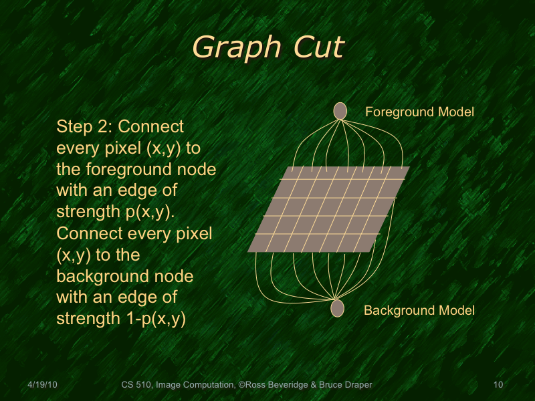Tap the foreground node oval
pos(340,110)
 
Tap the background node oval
pos(338,308)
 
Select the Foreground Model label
pos(419,112)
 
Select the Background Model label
pos(419,310)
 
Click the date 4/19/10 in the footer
pos(43,384)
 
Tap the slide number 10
pos(498,384)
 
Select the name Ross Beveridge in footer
pos(276,384)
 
